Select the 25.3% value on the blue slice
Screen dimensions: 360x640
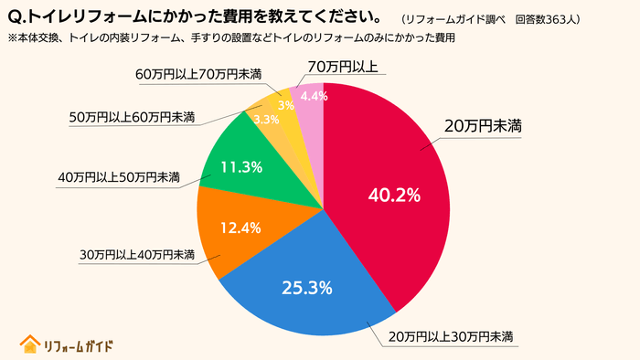[x=306, y=287]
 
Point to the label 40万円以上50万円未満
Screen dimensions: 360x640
[x=118, y=176]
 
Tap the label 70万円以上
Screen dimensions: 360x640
[x=344, y=68]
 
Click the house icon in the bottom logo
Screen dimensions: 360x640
[x=30, y=344]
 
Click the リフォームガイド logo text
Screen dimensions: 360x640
[x=79, y=344]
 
